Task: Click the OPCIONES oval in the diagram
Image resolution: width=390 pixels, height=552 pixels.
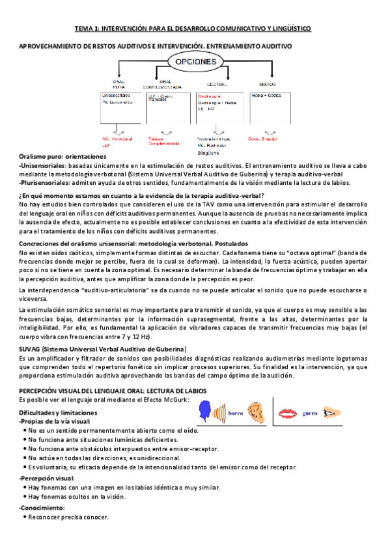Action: coord(195,61)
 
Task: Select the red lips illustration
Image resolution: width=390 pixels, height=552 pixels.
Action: coord(288,413)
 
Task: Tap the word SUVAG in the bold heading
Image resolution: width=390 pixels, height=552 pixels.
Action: coord(31,350)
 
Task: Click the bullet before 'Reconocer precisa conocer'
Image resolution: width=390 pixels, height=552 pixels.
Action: coord(23,517)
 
